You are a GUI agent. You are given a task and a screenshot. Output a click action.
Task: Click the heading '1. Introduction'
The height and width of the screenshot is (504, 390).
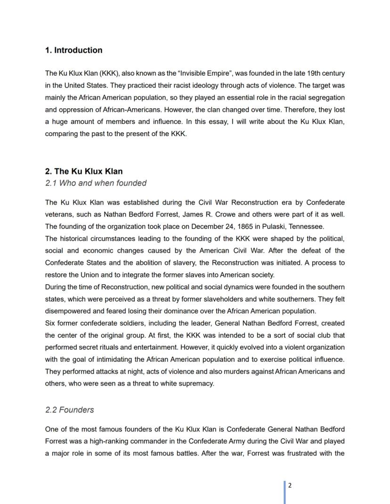coord(73,50)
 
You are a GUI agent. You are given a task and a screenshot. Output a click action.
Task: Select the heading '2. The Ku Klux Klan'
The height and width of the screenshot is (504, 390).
coord(84,171)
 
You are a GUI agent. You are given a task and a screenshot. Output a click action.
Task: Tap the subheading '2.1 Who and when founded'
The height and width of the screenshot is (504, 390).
coord(96,183)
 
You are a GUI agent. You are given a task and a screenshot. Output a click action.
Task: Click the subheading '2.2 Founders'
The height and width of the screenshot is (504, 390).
coord(69,410)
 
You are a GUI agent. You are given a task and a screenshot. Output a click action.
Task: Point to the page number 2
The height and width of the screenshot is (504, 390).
coord(290,486)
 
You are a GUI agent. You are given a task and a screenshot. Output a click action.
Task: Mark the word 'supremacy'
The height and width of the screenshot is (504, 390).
coord(198,384)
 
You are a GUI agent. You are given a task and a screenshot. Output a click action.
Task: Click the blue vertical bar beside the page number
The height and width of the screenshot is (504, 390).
coord(285,492)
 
